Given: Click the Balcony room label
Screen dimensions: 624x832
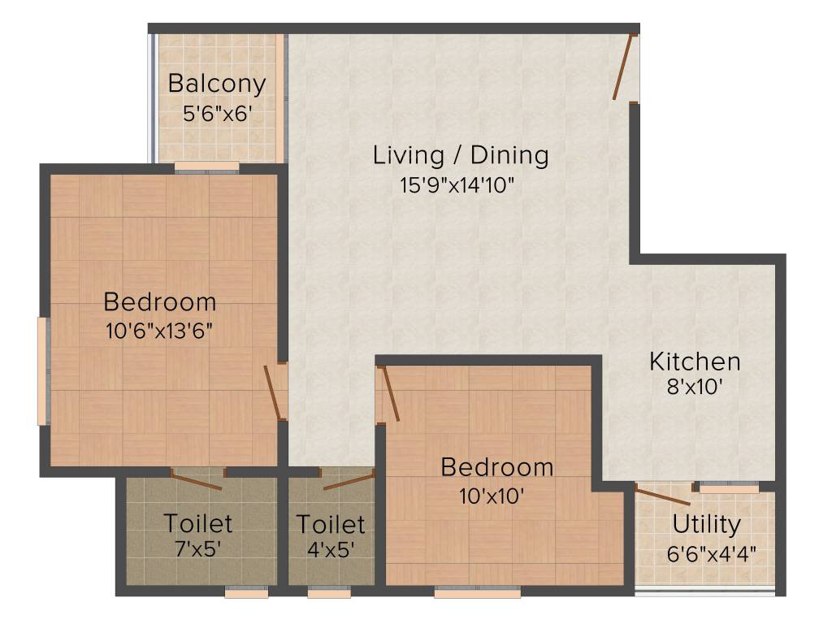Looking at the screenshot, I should coord(217,84).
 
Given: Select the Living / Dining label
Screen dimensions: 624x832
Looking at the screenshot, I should coord(461,154).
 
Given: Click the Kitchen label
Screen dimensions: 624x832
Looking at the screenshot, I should coord(695,361).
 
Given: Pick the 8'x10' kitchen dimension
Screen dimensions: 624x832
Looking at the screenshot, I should coord(694,387).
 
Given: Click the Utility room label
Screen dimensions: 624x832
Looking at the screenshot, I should coord(705,525).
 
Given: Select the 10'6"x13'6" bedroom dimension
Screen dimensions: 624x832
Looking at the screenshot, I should coord(160,331).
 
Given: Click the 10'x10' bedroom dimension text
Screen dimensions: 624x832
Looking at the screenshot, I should coord(496,495).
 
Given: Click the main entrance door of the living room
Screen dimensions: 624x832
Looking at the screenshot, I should coord(624,67).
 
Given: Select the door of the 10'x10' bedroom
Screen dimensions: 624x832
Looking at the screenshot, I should coord(389,394).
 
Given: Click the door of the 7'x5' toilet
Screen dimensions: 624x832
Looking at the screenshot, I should coord(197,479).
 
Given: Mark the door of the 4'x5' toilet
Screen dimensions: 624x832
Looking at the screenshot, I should coord(347,480).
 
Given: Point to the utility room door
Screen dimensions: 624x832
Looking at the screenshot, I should coord(662,496).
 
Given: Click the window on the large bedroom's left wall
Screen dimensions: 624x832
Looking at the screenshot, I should coord(42,370).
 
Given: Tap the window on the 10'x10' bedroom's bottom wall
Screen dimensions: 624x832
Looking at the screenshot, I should coord(477,593).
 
